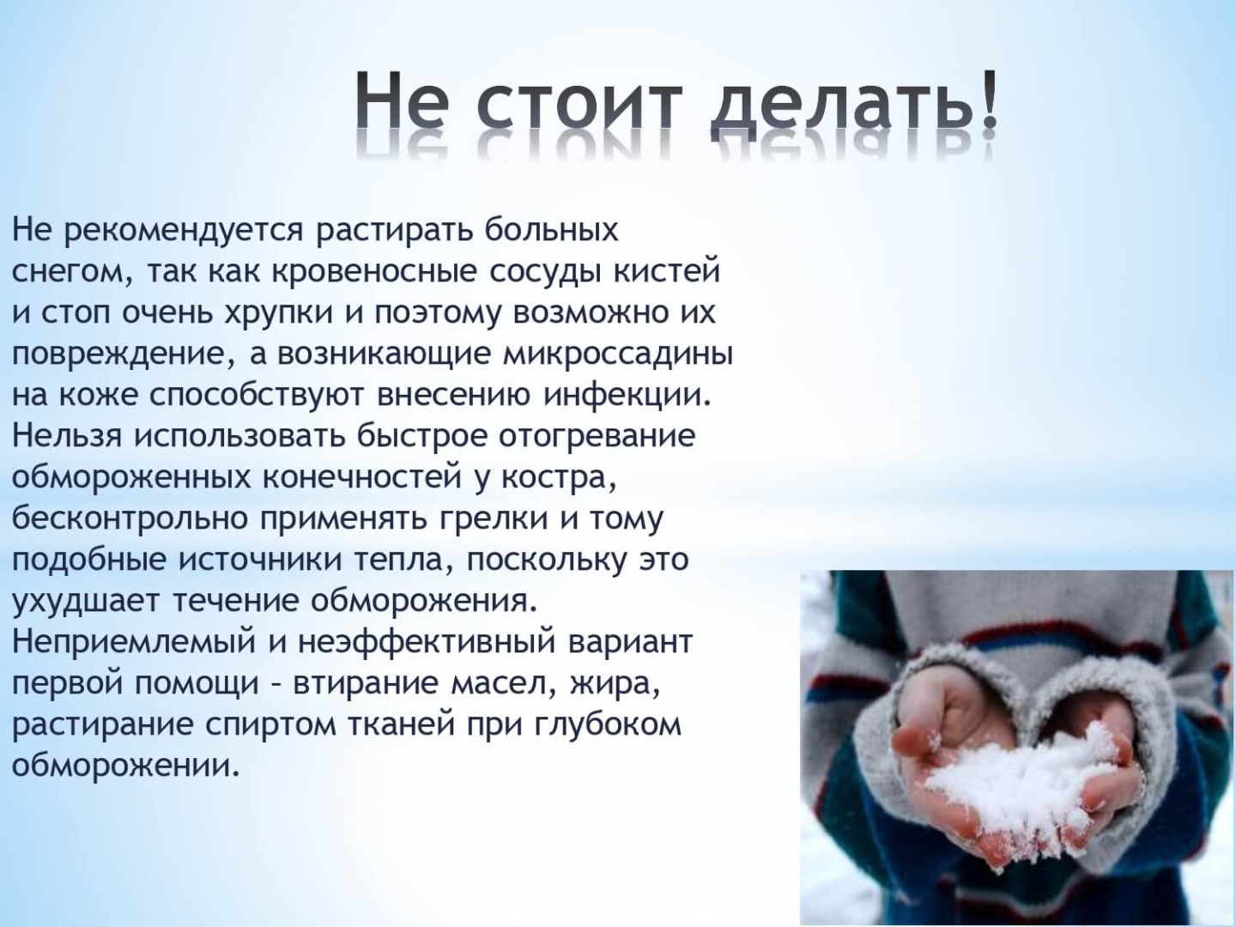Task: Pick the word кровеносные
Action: point(374,272)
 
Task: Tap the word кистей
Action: point(666,270)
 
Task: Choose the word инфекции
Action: point(625,397)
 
